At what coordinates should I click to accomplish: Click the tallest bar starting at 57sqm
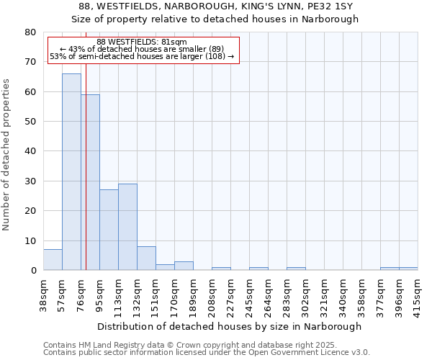[x=71, y=172]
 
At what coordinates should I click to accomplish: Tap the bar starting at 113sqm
[x=127, y=227]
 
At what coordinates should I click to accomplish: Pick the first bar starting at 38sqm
[x=53, y=260]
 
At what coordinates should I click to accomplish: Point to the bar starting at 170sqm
[x=184, y=266]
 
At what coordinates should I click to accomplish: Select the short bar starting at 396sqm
[x=408, y=269]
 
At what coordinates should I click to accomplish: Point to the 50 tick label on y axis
[x=30, y=122]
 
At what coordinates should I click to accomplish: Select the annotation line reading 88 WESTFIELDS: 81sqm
[x=141, y=42]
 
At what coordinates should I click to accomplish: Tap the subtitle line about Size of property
[x=215, y=19]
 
